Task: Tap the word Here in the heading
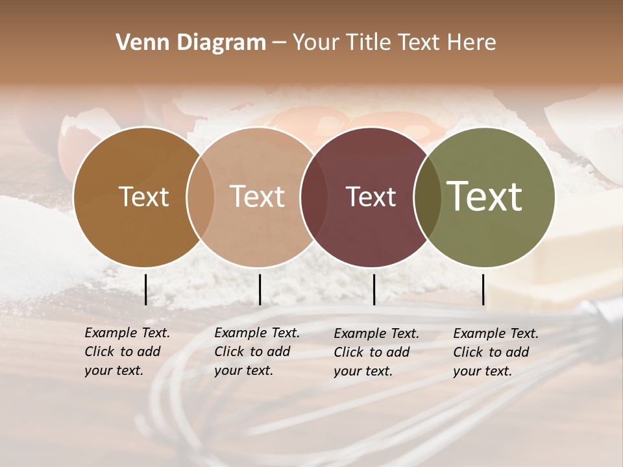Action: click(473, 43)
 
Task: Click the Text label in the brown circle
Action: click(143, 197)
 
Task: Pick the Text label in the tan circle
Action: click(257, 197)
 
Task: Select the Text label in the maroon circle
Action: click(371, 197)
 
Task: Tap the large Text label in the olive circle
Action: click(484, 197)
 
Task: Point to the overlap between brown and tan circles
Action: click(201, 197)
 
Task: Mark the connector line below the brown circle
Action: click(145, 289)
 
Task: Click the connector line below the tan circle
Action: click(260, 289)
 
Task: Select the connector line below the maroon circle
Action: click(374, 289)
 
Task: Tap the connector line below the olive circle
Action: click(483, 289)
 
